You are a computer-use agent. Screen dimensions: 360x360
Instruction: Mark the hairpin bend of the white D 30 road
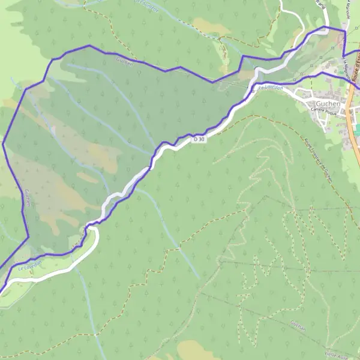pyautogui.click(x=93, y=229)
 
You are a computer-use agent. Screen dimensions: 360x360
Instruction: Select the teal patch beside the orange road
pyautogui.click(x=358, y=129)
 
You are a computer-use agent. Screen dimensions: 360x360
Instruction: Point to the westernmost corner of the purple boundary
pyautogui.click(x=3, y=143)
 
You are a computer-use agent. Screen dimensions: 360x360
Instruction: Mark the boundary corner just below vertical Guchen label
pyautogui.click(x=28, y=237)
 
